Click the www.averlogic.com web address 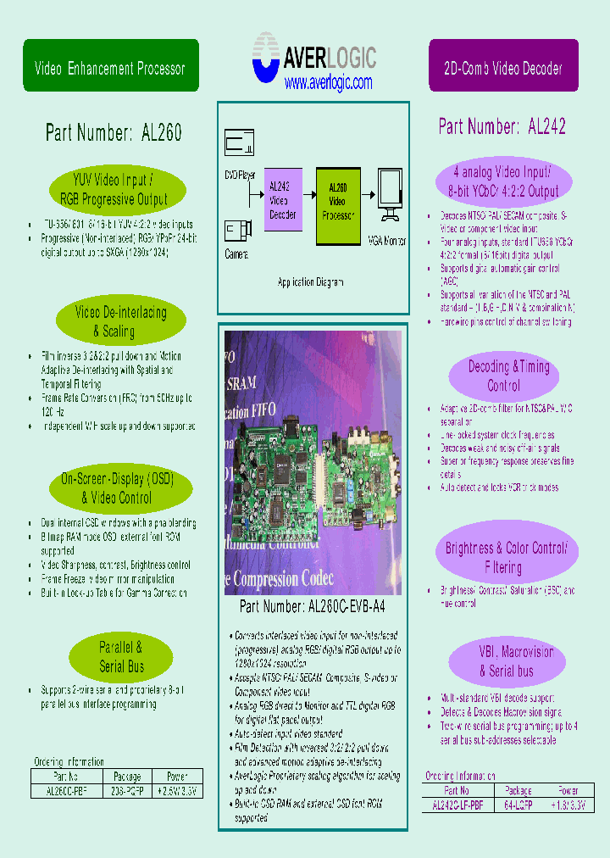pos(328,83)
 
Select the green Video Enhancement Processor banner pos(111,66)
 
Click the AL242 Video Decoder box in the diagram pos(282,200)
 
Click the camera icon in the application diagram pos(236,231)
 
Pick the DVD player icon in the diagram pos(240,142)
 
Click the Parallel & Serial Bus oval pos(121,657)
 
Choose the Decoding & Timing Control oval pos(503,376)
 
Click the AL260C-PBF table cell pos(65,790)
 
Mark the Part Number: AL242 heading pos(502,127)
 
